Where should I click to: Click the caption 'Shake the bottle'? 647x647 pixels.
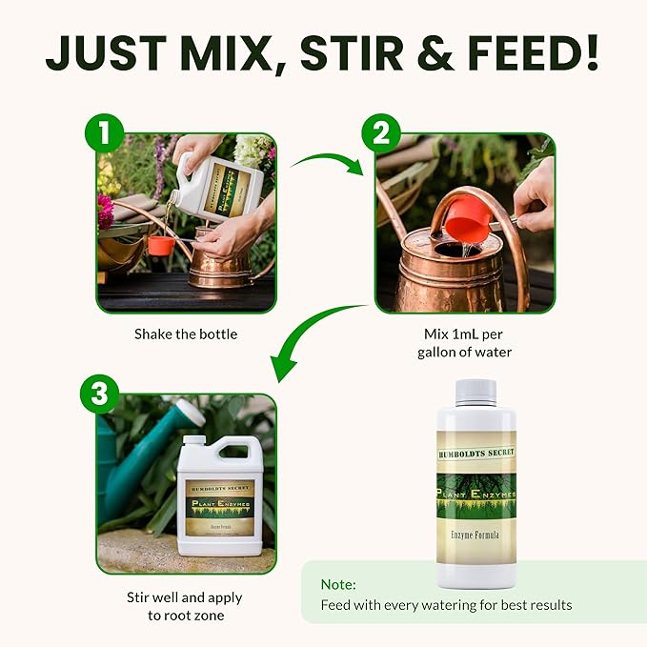tap(186, 334)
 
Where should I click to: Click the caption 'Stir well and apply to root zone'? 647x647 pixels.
tap(185, 606)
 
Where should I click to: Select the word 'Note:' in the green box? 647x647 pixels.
tap(338, 584)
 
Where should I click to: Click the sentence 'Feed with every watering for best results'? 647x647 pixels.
tap(446, 605)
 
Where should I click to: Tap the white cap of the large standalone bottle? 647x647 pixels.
tap(475, 392)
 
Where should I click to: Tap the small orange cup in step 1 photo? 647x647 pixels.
tap(160, 245)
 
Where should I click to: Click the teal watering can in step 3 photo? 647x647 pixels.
tap(143, 457)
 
